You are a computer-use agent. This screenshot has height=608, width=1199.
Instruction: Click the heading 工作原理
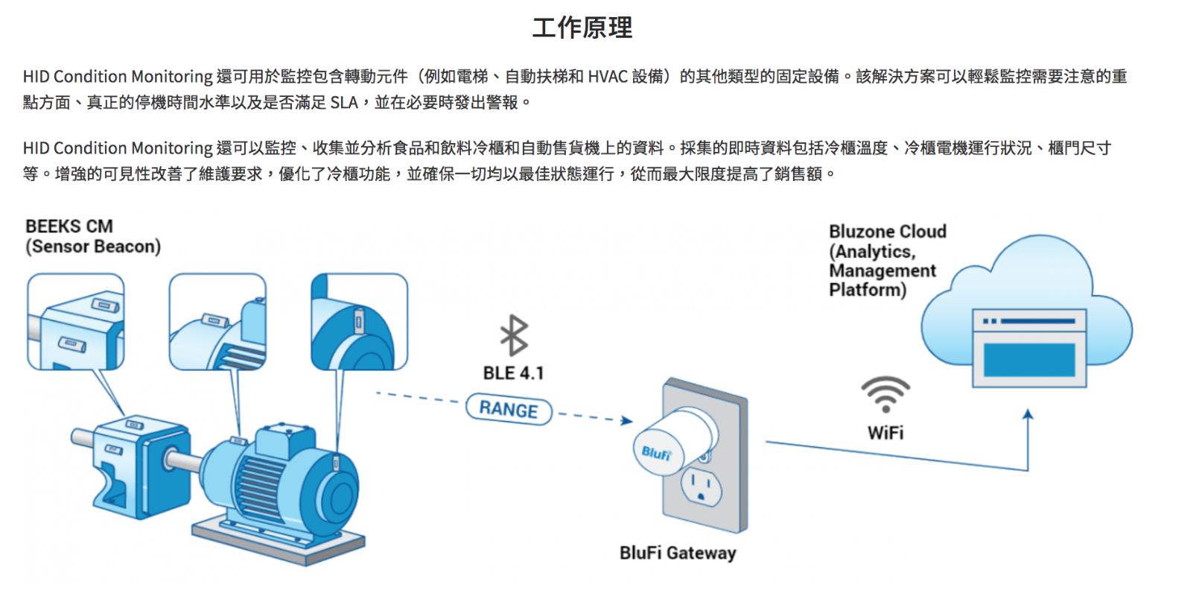point(582,28)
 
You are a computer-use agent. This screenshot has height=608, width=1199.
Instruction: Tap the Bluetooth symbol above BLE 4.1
point(513,335)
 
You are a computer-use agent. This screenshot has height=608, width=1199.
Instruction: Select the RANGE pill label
point(509,410)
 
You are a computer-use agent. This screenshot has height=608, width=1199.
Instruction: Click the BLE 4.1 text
point(513,373)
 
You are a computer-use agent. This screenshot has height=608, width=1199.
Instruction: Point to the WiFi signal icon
point(885,393)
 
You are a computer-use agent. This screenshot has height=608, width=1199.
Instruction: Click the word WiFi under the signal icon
point(885,432)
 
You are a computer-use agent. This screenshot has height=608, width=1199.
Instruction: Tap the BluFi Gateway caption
point(677,553)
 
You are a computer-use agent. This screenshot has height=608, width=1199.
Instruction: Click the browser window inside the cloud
point(1029,348)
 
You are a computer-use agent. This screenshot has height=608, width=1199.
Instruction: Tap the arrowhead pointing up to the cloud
point(1028,415)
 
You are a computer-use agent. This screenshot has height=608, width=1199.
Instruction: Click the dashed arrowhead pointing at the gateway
point(627,421)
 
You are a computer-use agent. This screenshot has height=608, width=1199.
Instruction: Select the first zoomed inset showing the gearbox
point(75,321)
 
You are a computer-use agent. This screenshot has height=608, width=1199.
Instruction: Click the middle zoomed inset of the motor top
point(217,321)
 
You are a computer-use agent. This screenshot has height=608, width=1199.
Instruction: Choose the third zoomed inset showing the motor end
point(359,321)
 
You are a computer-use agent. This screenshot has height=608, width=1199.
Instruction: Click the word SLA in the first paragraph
point(343,102)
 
